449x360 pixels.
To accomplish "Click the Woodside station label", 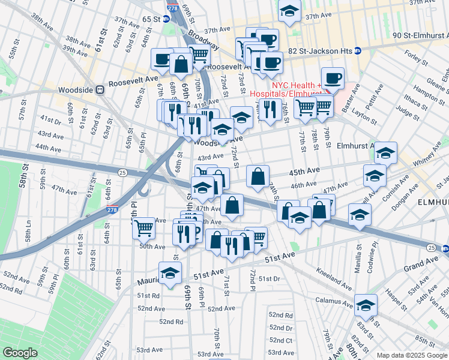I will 76,89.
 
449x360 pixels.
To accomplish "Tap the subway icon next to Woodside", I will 100,89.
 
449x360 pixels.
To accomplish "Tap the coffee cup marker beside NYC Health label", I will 332,78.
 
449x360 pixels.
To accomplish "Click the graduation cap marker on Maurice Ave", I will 170,272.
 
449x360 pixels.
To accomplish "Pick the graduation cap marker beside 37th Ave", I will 289,11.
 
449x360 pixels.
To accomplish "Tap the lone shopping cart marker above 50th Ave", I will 143,227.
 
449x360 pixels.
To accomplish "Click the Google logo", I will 20,353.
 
